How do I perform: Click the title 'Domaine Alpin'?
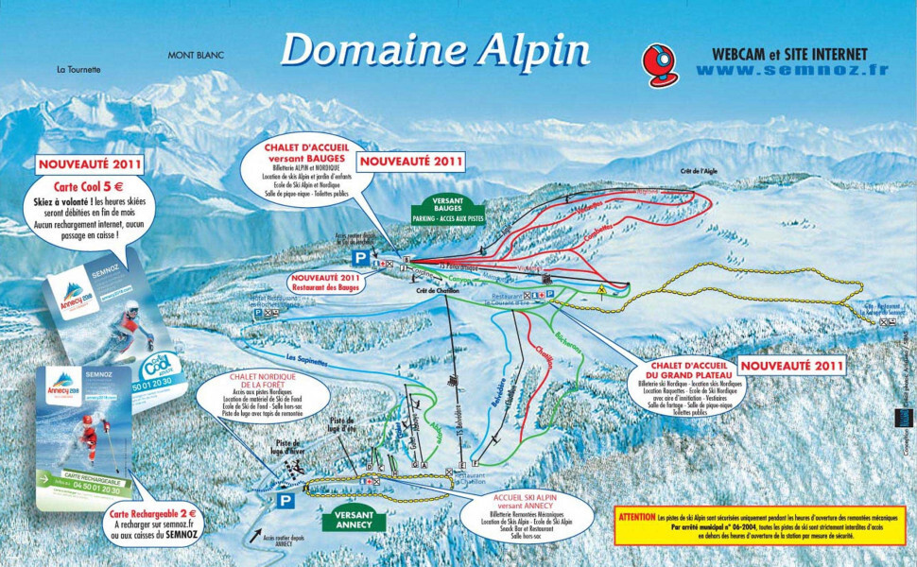click(x=435, y=48)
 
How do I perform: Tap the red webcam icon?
click(x=660, y=63)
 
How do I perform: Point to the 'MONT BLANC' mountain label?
click(x=196, y=56)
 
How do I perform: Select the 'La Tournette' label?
click(x=78, y=69)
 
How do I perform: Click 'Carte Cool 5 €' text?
click(x=86, y=186)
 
